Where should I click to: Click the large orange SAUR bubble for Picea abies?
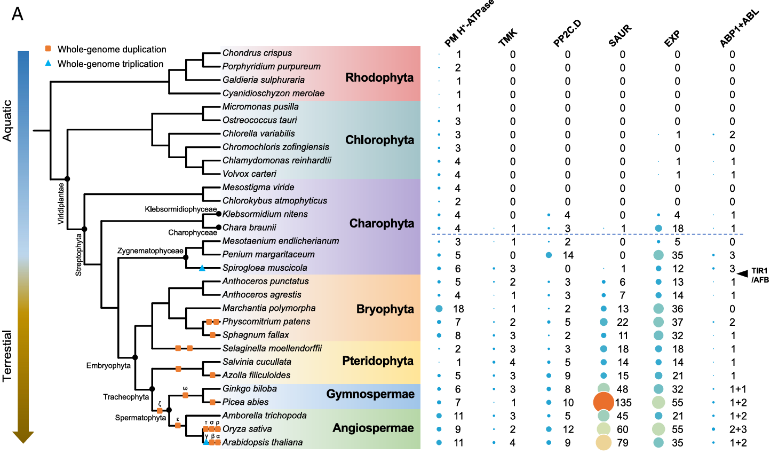(604, 402)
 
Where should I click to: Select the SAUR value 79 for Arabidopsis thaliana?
(622, 443)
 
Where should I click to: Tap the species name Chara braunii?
(249, 228)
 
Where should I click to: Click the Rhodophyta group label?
(379, 77)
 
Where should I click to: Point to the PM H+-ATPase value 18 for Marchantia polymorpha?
(458, 309)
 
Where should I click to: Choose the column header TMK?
(508, 37)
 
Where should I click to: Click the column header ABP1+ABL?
(739, 28)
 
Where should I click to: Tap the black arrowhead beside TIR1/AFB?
(742, 273)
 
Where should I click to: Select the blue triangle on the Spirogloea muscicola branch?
(202, 268)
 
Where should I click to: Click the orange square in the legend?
(48, 48)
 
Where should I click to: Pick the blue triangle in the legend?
(48, 63)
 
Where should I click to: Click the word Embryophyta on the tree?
(108, 365)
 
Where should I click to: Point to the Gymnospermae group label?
(370, 394)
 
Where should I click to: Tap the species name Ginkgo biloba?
(250, 389)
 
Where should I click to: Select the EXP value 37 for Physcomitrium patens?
(677, 322)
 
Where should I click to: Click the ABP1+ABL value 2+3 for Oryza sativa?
(738, 429)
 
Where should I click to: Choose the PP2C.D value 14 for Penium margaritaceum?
(568, 255)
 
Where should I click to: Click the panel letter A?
(18, 14)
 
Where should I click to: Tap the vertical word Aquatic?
(7, 121)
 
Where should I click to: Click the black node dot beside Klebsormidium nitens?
(218, 214)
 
